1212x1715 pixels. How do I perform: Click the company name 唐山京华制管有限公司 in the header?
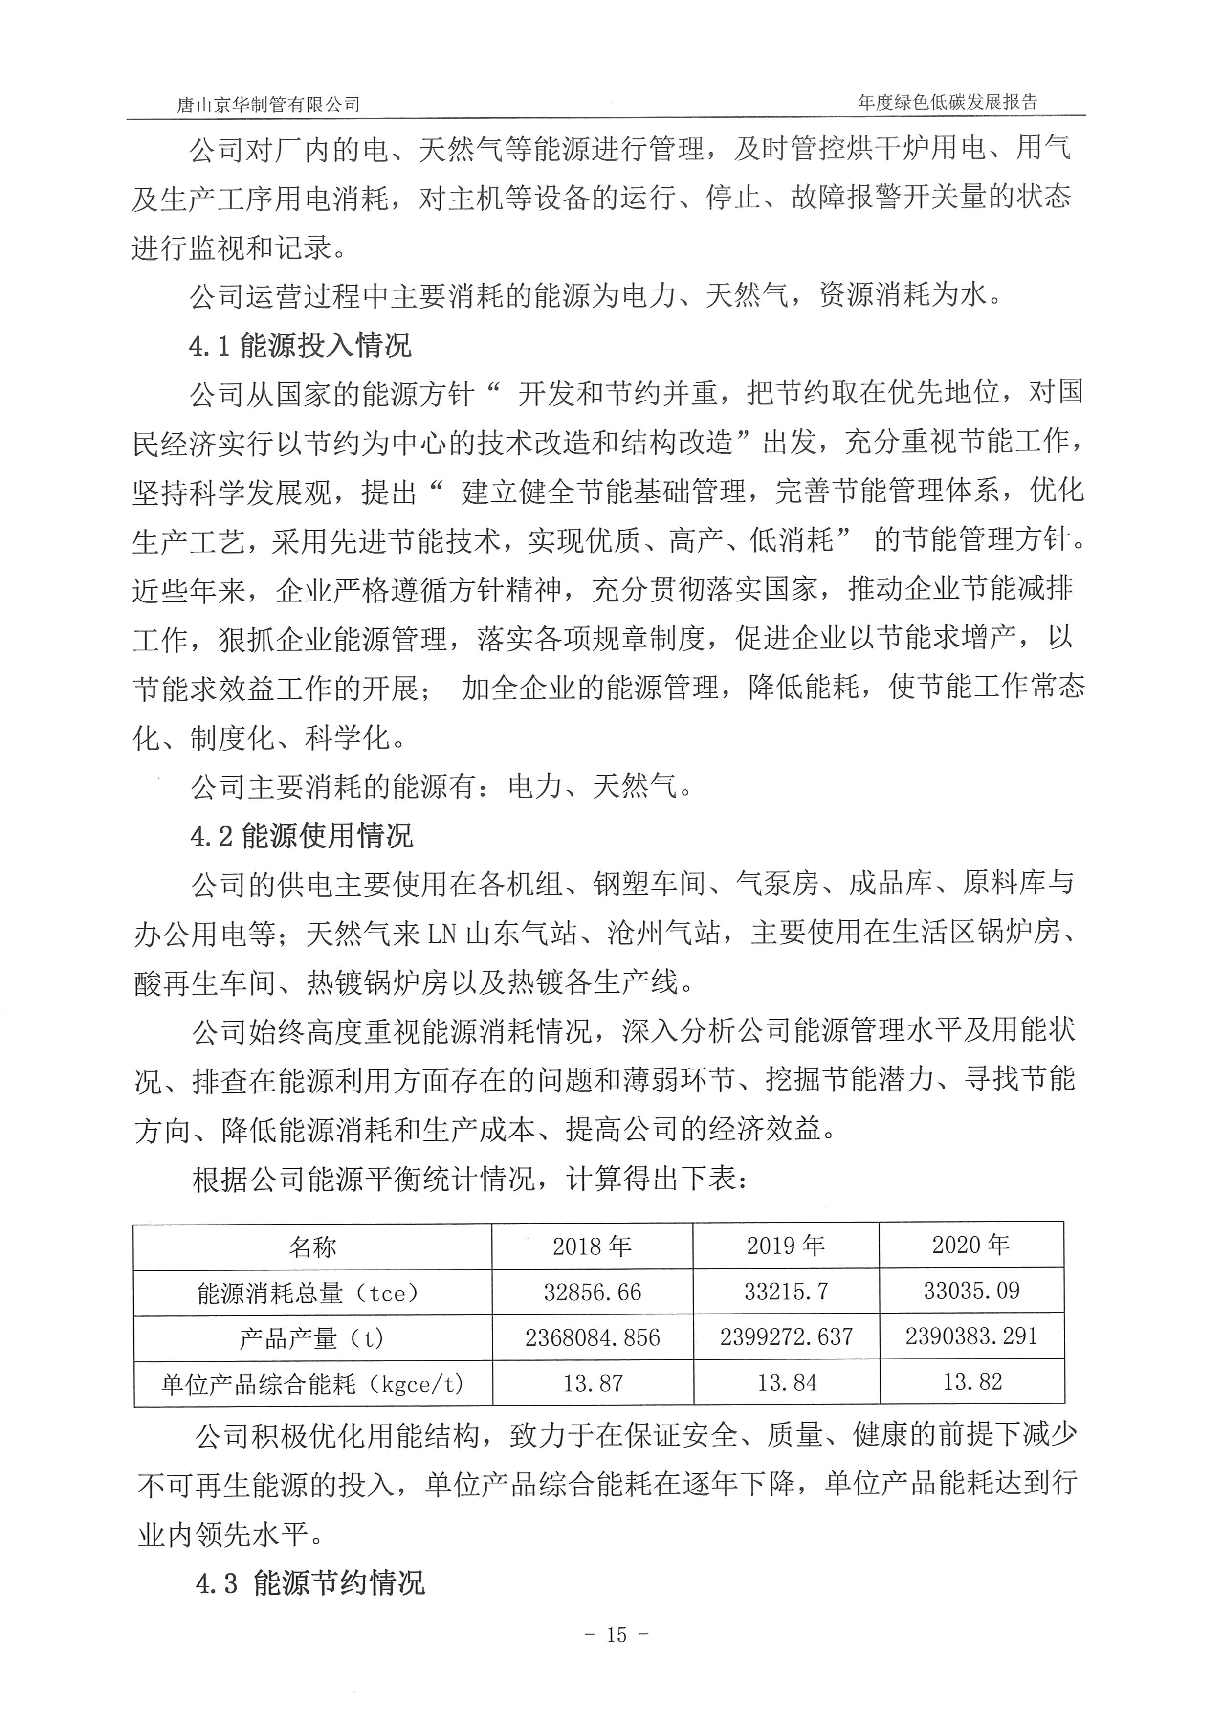[x=268, y=105]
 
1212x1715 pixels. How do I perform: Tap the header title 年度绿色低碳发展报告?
[x=948, y=102]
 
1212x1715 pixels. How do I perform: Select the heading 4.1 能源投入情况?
[x=300, y=346]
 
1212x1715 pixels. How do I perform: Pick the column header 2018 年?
[x=592, y=1246]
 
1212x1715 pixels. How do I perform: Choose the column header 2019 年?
[x=786, y=1245]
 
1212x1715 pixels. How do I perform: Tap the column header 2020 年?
[x=971, y=1245]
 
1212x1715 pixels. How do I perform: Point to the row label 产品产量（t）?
[x=311, y=1338]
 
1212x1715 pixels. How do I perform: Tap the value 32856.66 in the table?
[x=592, y=1292]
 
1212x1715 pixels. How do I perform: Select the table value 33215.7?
[x=786, y=1292]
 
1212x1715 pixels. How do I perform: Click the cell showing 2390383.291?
[x=971, y=1336]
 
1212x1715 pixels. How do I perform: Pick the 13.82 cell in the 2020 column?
[x=971, y=1382]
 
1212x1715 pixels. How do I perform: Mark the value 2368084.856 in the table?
[x=592, y=1338]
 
